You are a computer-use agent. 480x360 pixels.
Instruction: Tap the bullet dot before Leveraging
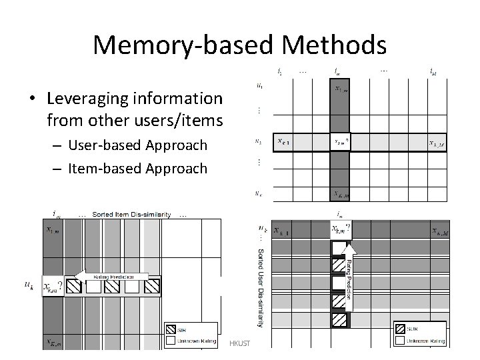click(32, 99)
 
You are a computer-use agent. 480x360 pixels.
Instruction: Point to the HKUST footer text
click(238, 343)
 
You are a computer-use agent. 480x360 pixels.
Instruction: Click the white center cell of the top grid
click(340, 141)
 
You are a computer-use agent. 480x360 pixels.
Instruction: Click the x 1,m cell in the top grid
click(340, 88)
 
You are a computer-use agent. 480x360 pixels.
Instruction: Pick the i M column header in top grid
click(434, 70)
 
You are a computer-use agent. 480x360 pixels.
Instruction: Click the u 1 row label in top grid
click(259, 85)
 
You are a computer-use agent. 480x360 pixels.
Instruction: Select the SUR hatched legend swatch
click(401, 329)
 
